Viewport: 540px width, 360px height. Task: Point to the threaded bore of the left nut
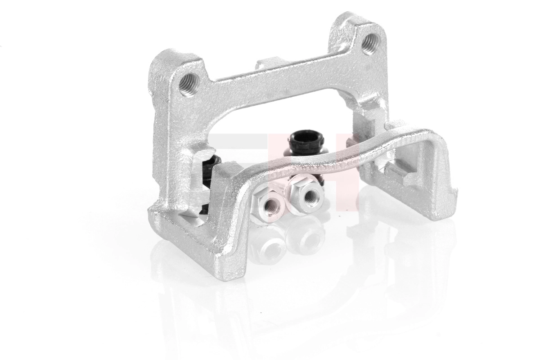(x=271, y=206)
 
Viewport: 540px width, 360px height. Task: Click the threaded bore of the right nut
(x=310, y=194)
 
